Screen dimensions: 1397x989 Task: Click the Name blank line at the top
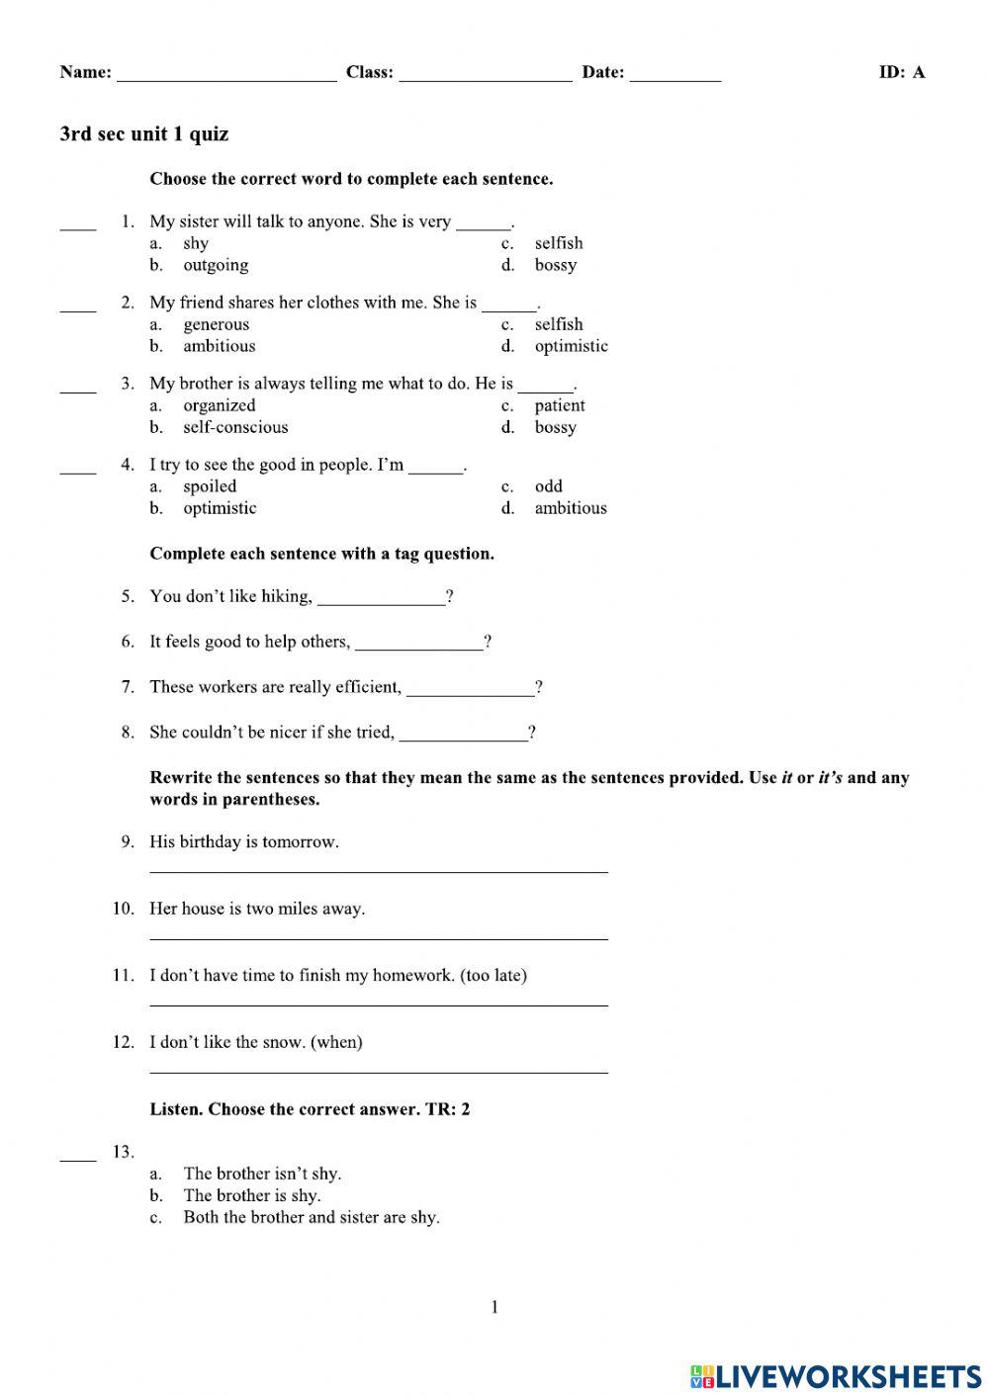click(226, 74)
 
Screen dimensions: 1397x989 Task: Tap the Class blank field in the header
click(485, 74)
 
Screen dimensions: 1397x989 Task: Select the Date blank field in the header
click(674, 74)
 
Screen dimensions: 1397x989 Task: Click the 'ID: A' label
click(901, 72)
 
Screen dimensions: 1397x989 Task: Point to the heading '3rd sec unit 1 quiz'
click(144, 134)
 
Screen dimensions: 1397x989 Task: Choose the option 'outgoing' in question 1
click(216, 265)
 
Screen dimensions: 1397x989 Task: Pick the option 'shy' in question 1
click(196, 243)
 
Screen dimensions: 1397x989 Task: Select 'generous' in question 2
click(216, 324)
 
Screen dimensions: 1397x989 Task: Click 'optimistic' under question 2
click(571, 346)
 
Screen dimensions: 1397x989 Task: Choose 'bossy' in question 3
click(555, 427)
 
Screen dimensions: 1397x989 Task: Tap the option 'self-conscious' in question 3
click(235, 427)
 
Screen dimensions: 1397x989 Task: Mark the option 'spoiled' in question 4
click(210, 486)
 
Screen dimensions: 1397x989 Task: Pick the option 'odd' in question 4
click(548, 486)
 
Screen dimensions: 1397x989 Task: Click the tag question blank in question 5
click(381, 598)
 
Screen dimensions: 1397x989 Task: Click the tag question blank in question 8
click(463, 735)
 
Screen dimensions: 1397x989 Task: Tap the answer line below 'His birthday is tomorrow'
click(378, 870)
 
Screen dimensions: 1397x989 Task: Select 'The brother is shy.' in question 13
click(251, 1195)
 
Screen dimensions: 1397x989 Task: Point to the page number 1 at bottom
click(494, 1308)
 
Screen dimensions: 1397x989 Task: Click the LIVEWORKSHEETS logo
click(836, 1375)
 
